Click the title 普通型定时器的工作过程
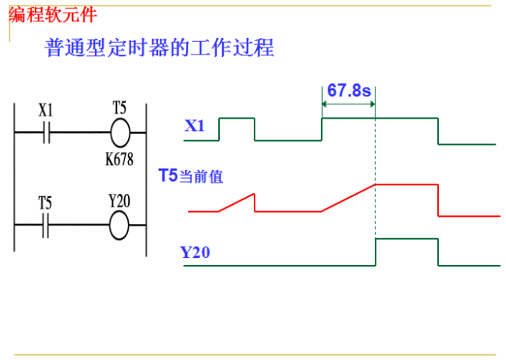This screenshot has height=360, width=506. click(x=159, y=47)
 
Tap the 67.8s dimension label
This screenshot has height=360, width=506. click(x=349, y=90)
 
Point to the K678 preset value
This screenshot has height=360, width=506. click(x=119, y=158)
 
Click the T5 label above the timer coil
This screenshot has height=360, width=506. click(x=119, y=107)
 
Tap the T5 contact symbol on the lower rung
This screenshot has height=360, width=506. click(x=47, y=225)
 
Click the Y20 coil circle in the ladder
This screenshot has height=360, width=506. click(x=119, y=225)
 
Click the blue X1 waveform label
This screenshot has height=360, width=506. click(x=194, y=126)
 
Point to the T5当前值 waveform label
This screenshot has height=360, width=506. click(x=191, y=176)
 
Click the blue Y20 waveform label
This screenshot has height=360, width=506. click(x=194, y=253)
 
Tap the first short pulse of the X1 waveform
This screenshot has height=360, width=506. click(x=237, y=119)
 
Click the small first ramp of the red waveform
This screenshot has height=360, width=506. click(x=236, y=203)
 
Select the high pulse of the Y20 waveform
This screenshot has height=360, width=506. click(x=406, y=239)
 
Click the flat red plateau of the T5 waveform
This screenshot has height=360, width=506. click(x=406, y=184)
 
